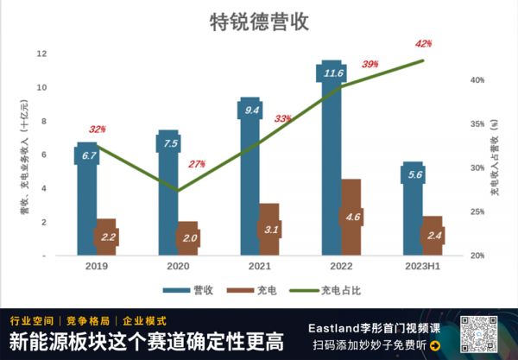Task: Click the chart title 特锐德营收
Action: (259, 22)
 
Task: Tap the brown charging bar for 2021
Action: (269, 230)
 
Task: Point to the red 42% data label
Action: (423, 43)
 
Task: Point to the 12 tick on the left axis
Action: (41, 54)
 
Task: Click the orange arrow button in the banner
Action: (435, 346)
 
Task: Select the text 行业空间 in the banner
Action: (29, 319)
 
